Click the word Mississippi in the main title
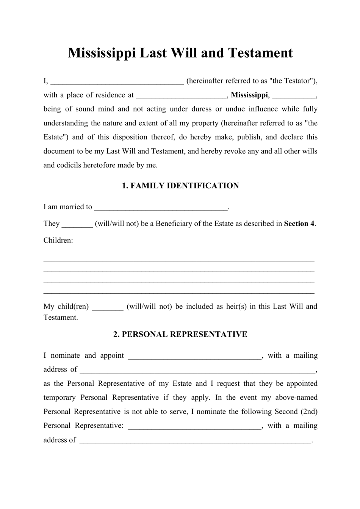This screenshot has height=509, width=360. click(102, 53)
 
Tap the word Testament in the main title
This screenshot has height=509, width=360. click(260, 53)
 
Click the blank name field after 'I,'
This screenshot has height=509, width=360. click(117, 81)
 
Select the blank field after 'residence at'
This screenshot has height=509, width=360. click(181, 95)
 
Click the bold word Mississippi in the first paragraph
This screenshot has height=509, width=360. click(249, 95)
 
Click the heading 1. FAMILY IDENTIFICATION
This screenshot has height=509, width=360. click(180, 186)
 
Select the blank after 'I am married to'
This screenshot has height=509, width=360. click(161, 207)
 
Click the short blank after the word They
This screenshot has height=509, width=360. click(77, 224)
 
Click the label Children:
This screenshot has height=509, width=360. click(58, 240)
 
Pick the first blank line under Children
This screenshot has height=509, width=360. click(179, 260)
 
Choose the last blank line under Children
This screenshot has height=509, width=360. click(179, 293)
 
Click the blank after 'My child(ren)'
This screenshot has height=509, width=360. click(108, 307)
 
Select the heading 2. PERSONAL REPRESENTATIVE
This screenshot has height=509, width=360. click(180, 334)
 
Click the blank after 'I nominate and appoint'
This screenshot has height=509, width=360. click(195, 356)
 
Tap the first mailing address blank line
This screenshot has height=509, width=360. click(197, 370)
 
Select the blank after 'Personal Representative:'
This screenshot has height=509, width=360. click(195, 426)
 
